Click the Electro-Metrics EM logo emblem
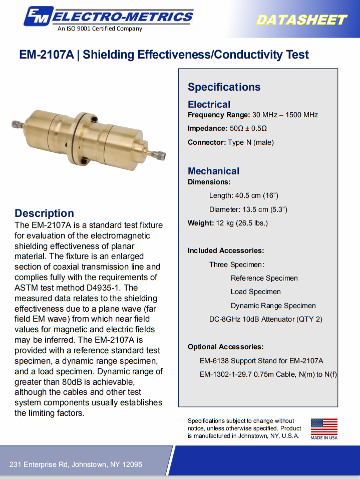click(37, 16)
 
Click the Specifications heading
click(224, 87)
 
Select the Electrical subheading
click(209, 104)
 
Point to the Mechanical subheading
click(213, 171)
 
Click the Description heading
click(44, 213)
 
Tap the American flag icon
click(324, 427)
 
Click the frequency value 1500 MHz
click(302, 115)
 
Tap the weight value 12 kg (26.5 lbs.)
click(242, 223)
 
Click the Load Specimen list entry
click(255, 292)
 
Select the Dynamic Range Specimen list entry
click(273, 306)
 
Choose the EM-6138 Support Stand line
click(261, 361)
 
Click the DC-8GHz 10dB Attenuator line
click(265, 319)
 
